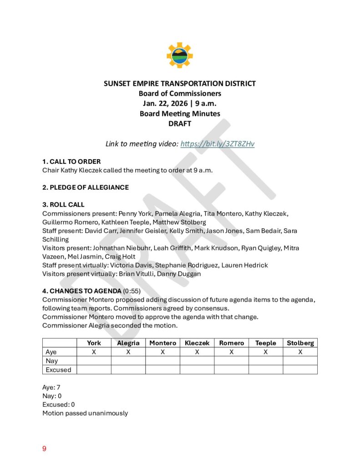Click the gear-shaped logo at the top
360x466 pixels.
(x=180, y=55)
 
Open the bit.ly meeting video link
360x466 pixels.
(x=218, y=144)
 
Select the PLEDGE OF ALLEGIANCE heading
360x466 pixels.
(x=86, y=187)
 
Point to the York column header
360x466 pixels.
(x=94, y=343)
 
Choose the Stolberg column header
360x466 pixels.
(x=300, y=343)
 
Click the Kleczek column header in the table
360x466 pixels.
(x=197, y=343)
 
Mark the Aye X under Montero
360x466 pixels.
(x=162, y=352)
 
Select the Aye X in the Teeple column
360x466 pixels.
(x=265, y=352)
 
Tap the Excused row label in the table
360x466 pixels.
(x=58, y=370)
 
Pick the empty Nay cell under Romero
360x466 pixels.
(x=231, y=361)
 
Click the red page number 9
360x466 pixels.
(x=44, y=449)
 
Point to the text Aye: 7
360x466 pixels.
(x=51, y=387)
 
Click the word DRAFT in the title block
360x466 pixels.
(x=180, y=123)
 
